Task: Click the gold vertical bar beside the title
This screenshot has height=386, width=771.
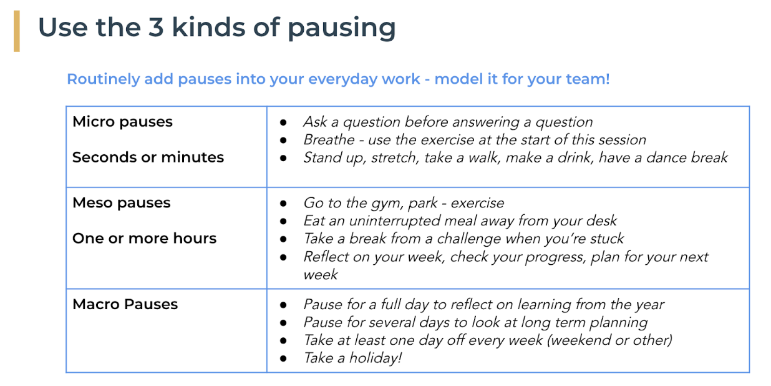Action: coord(16,31)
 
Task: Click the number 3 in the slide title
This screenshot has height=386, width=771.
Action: coord(155,27)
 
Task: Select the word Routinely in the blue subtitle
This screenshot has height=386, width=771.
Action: coord(103,79)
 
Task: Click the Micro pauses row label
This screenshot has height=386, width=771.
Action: coord(122,122)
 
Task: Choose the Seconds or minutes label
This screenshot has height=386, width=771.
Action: coord(148,157)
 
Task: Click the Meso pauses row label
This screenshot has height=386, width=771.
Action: coord(122,203)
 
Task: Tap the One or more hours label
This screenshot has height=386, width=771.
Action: coord(145,238)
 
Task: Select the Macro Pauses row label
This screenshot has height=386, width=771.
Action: coord(125,304)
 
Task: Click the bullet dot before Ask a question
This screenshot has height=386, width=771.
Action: coord(283,122)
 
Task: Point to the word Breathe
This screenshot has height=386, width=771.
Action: coord(329,140)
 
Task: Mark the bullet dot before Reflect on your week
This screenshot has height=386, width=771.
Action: coord(283,257)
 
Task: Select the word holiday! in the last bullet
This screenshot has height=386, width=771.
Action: coord(376,358)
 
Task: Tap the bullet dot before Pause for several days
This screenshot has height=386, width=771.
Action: coord(283,323)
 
